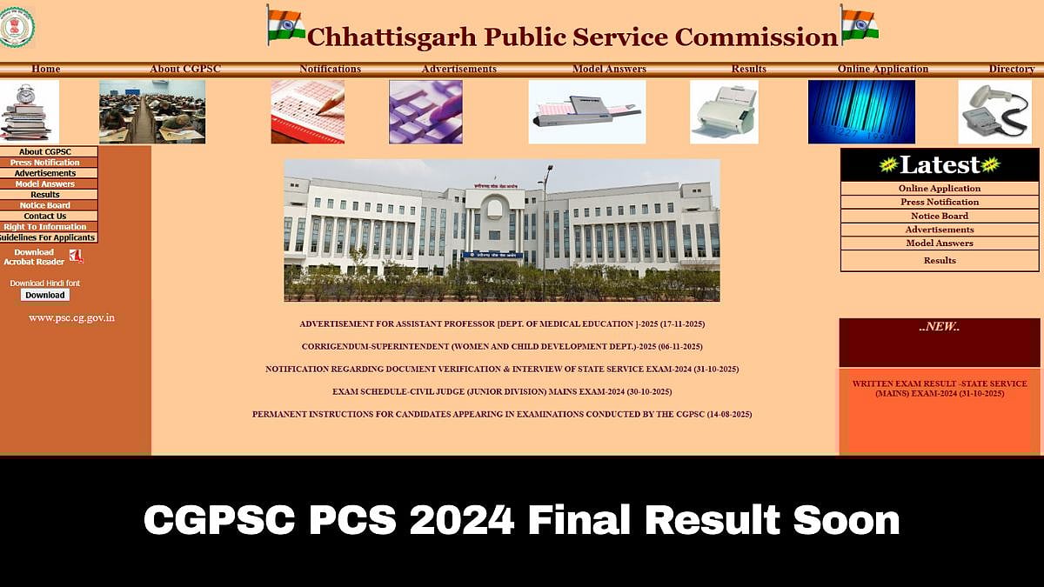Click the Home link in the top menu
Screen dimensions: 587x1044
(x=46, y=70)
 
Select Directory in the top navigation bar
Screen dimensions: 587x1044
(x=1011, y=70)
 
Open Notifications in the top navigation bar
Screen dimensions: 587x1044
(x=330, y=70)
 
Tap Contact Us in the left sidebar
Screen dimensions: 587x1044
(x=45, y=217)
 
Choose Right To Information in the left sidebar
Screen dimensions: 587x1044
(x=45, y=227)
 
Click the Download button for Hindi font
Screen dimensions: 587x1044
(x=45, y=295)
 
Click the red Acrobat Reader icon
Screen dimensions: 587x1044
(x=76, y=256)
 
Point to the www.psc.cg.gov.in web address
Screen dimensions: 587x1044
(x=71, y=318)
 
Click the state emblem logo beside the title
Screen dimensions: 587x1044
(x=17, y=26)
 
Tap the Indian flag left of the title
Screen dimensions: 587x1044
(x=286, y=25)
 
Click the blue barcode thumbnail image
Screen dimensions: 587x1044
(x=861, y=111)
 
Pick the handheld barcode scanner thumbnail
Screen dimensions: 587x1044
(x=994, y=111)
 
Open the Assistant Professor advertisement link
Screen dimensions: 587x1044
(x=502, y=324)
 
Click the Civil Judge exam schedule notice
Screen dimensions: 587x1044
(x=502, y=392)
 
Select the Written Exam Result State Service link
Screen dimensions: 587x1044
(x=940, y=389)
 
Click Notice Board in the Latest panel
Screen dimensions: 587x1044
(x=940, y=216)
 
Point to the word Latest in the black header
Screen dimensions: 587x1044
(x=940, y=164)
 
